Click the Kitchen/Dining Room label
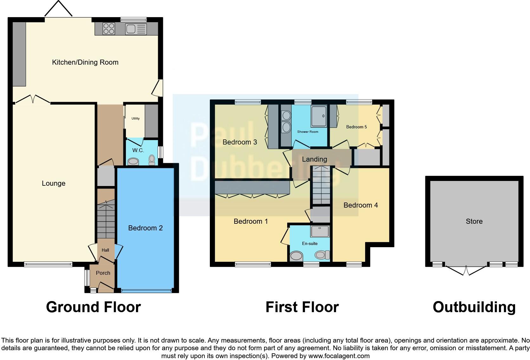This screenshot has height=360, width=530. [x=85, y=62]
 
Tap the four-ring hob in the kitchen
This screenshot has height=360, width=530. [x=109, y=29]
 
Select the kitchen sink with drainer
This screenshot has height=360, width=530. [x=136, y=29]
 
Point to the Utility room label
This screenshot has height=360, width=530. [x=136, y=118]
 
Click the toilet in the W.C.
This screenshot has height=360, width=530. [x=152, y=160]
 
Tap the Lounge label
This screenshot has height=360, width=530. [x=54, y=183]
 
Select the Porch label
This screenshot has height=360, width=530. [x=103, y=273]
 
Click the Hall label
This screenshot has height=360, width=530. [x=105, y=250]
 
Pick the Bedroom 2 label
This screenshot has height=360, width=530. [x=145, y=228]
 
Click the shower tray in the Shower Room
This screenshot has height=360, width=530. [x=319, y=116]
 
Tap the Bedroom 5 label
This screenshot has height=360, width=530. [x=357, y=127]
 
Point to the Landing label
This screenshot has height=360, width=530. [x=314, y=159]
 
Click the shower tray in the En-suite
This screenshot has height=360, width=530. [x=320, y=231]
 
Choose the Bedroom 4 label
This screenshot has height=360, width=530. [x=361, y=205]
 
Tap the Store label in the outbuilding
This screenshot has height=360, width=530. [x=474, y=221]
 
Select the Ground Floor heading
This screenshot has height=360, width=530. [x=94, y=307]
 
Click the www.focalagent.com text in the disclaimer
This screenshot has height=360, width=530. [x=339, y=356]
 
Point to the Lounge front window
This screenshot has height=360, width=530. [x=48, y=264]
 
